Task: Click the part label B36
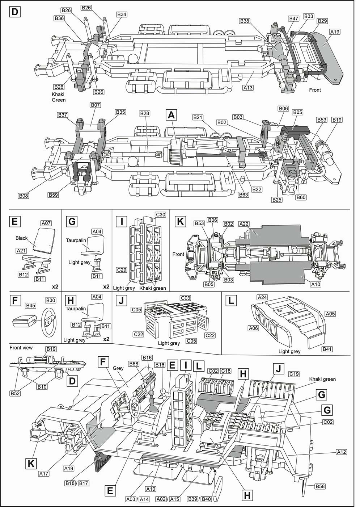click(59, 18)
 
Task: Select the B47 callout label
click(293, 18)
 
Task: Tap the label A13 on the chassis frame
click(248, 87)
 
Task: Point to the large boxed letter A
click(171, 115)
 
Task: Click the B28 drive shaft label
click(144, 114)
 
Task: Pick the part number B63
click(243, 195)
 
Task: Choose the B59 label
click(53, 195)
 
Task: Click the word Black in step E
click(22, 238)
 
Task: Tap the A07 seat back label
click(46, 223)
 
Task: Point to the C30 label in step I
click(160, 215)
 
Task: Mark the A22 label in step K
click(244, 224)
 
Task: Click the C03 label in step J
click(186, 298)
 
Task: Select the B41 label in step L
click(327, 349)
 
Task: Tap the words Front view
click(21, 348)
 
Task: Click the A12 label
click(341, 452)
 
